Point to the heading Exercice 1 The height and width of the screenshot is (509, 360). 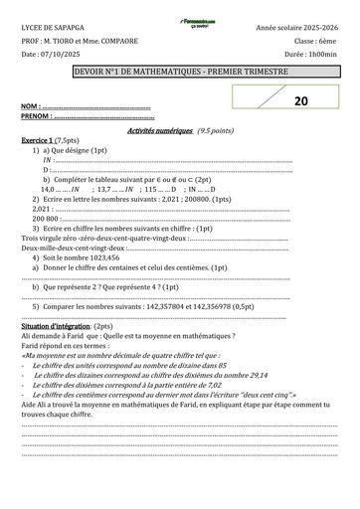coord(41,141)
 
